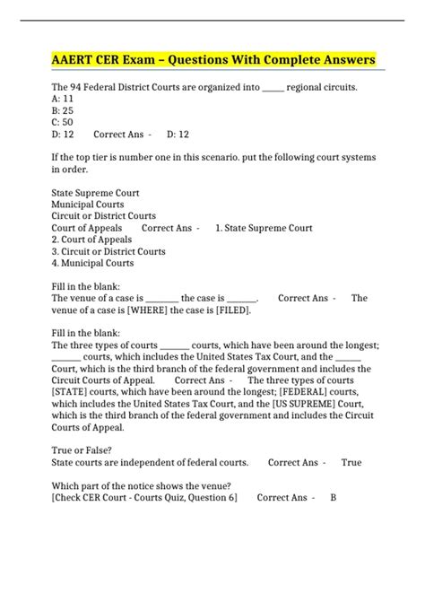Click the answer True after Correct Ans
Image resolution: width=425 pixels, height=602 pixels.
[x=351, y=463]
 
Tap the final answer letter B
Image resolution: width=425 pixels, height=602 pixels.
[x=334, y=498]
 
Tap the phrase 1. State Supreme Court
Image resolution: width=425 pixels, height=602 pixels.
[x=264, y=228]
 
